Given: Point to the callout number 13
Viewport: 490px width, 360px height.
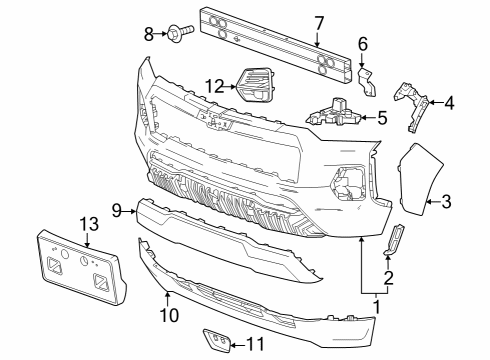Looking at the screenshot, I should [88, 225].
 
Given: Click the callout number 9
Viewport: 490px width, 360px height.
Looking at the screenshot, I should [117, 210].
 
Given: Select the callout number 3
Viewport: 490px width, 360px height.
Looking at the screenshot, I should [446, 201].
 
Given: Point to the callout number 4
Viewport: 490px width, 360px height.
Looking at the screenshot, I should [450, 101].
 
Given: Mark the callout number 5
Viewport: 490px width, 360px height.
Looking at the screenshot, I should [381, 118].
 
